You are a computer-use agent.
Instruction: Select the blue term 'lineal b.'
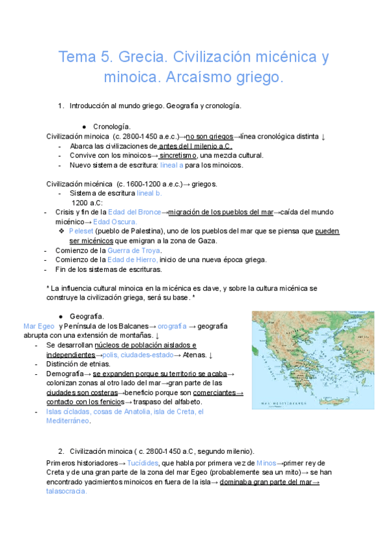[x=149, y=193]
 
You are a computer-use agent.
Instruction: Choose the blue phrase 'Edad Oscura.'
[x=115, y=221]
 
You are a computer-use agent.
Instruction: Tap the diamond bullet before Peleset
[x=61, y=231]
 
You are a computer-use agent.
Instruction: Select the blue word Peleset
[x=81, y=231]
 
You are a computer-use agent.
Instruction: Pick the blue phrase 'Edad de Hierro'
[x=140, y=260]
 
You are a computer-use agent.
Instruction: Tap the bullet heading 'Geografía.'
[x=111, y=316]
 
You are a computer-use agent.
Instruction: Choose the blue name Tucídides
[x=144, y=463]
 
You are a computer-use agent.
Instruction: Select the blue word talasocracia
[x=66, y=491]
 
